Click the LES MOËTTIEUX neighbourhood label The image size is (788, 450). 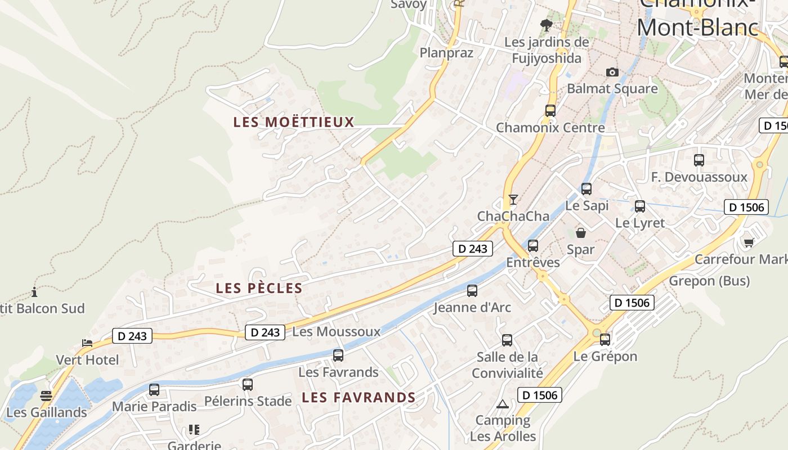click(294, 122)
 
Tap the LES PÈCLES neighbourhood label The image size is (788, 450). click(259, 289)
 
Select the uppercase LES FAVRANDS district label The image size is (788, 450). click(359, 398)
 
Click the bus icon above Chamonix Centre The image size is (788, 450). click(550, 111)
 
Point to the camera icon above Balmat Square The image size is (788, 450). click(612, 72)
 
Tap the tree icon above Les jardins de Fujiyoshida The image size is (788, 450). click(546, 25)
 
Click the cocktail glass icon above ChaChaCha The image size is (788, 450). click(513, 200)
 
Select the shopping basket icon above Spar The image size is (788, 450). click(581, 232)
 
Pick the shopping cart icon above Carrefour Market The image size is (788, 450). click(749, 242)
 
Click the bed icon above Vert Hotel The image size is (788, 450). click(87, 343)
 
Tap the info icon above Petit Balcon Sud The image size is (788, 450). click(34, 292)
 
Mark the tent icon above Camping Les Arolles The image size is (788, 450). click(503, 404)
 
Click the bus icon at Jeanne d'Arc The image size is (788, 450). click(472, 291)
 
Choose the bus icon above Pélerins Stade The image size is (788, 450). click(248, 385)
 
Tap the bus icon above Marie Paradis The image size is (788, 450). click(154, 390)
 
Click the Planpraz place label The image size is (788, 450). click(446, 53)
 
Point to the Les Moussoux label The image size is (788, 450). click(337, 332)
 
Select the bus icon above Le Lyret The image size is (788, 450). click(640, 206)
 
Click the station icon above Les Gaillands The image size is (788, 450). click(46, 396)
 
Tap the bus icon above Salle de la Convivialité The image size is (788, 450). click(507, 340)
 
